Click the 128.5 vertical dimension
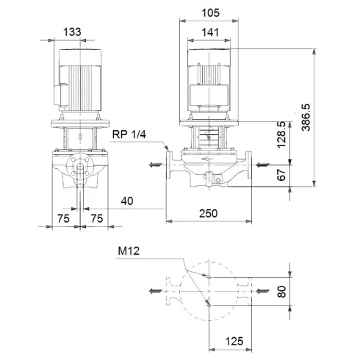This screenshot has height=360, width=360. click(x=282, y=134)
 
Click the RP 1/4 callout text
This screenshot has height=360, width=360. click(x=129, y=134)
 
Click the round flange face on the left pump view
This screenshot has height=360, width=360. click(x=78, y=169)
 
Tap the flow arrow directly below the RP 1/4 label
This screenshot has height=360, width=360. click(x=153, y=165)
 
